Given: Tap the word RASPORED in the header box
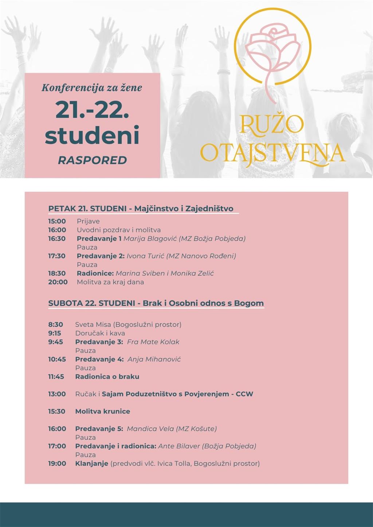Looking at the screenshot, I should pyautogui.click(x=92, y=160).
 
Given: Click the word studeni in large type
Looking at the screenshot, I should pyautogui.click(x=92, y=135).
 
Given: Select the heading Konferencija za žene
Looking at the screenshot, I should pyautogui.click(x=92, y=88).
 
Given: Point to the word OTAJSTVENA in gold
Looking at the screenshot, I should pyautogui.click(x=272, y=153).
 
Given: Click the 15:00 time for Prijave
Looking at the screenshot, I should pyautogui.click(x=57, y=221).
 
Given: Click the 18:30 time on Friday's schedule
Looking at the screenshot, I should pyautogui.click(x=57, y=273).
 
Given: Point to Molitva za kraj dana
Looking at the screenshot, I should pyautogui.click(x=110, y=282).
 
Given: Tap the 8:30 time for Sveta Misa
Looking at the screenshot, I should pyautogui.click(x=55, y=324).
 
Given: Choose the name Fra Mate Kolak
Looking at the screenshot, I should pyautogui.click(x=153, y=342).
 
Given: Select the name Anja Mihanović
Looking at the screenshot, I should pyautogui.click(x=154, y=359).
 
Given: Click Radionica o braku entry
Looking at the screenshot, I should pyautogui.click(x=107, y=376).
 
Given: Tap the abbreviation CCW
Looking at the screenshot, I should pyautogui.click(x=244, y=394).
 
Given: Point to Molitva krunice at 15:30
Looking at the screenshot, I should pyautogui.click(x=102, y=411).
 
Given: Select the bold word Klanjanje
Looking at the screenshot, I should pyautogui.click(x=91, y=463).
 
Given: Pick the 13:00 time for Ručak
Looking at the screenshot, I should pyautogui.click(x=57, y=394).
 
